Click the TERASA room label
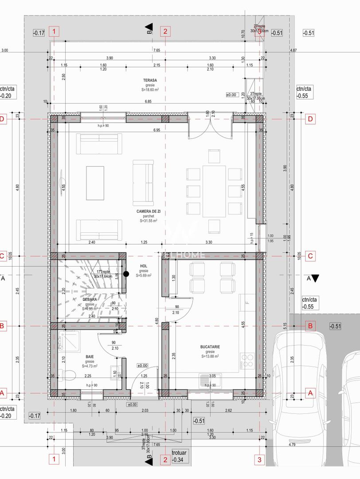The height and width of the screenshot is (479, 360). (149, 80)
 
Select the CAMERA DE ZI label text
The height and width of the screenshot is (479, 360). (149, 212)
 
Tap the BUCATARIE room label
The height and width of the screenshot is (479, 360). (210, 346)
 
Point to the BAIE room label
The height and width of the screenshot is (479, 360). (90, 356)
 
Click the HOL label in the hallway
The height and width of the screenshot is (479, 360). (144, 266)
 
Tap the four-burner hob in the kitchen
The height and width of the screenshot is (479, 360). (247, 360)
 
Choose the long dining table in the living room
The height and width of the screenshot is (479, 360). (214, 191)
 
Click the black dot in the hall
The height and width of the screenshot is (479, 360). (126, 274)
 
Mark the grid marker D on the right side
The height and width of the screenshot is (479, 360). (310, 119)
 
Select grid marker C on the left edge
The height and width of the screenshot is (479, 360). (2, 256)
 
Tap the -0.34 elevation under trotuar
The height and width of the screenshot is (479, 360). (179, 459)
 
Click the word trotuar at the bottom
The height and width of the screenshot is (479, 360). (180, 452)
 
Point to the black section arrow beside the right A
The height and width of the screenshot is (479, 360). (315, 279)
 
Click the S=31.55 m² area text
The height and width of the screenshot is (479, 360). (149, 220)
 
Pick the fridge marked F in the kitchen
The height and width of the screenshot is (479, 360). (247, 303)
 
